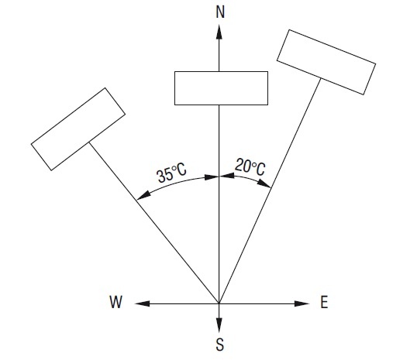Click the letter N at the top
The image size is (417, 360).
point(220,12)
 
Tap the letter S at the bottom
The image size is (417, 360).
point(219,345)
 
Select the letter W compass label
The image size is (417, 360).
point(116,302)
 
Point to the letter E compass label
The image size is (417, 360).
point(324,302)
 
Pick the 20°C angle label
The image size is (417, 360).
point(250,167)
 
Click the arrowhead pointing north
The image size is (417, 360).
point(219,32)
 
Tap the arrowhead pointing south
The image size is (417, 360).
point(219,325)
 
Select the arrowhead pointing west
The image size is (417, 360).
point(143,303)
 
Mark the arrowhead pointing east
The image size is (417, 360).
point(302,303)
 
